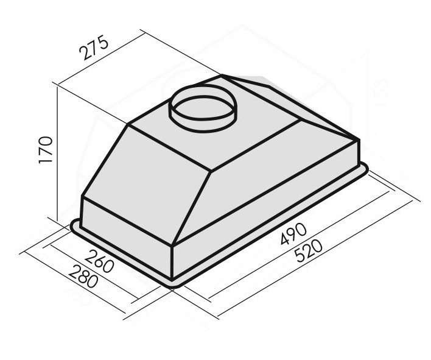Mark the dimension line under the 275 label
[x=100, y=63]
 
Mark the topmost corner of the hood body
[x=223, y=77]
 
